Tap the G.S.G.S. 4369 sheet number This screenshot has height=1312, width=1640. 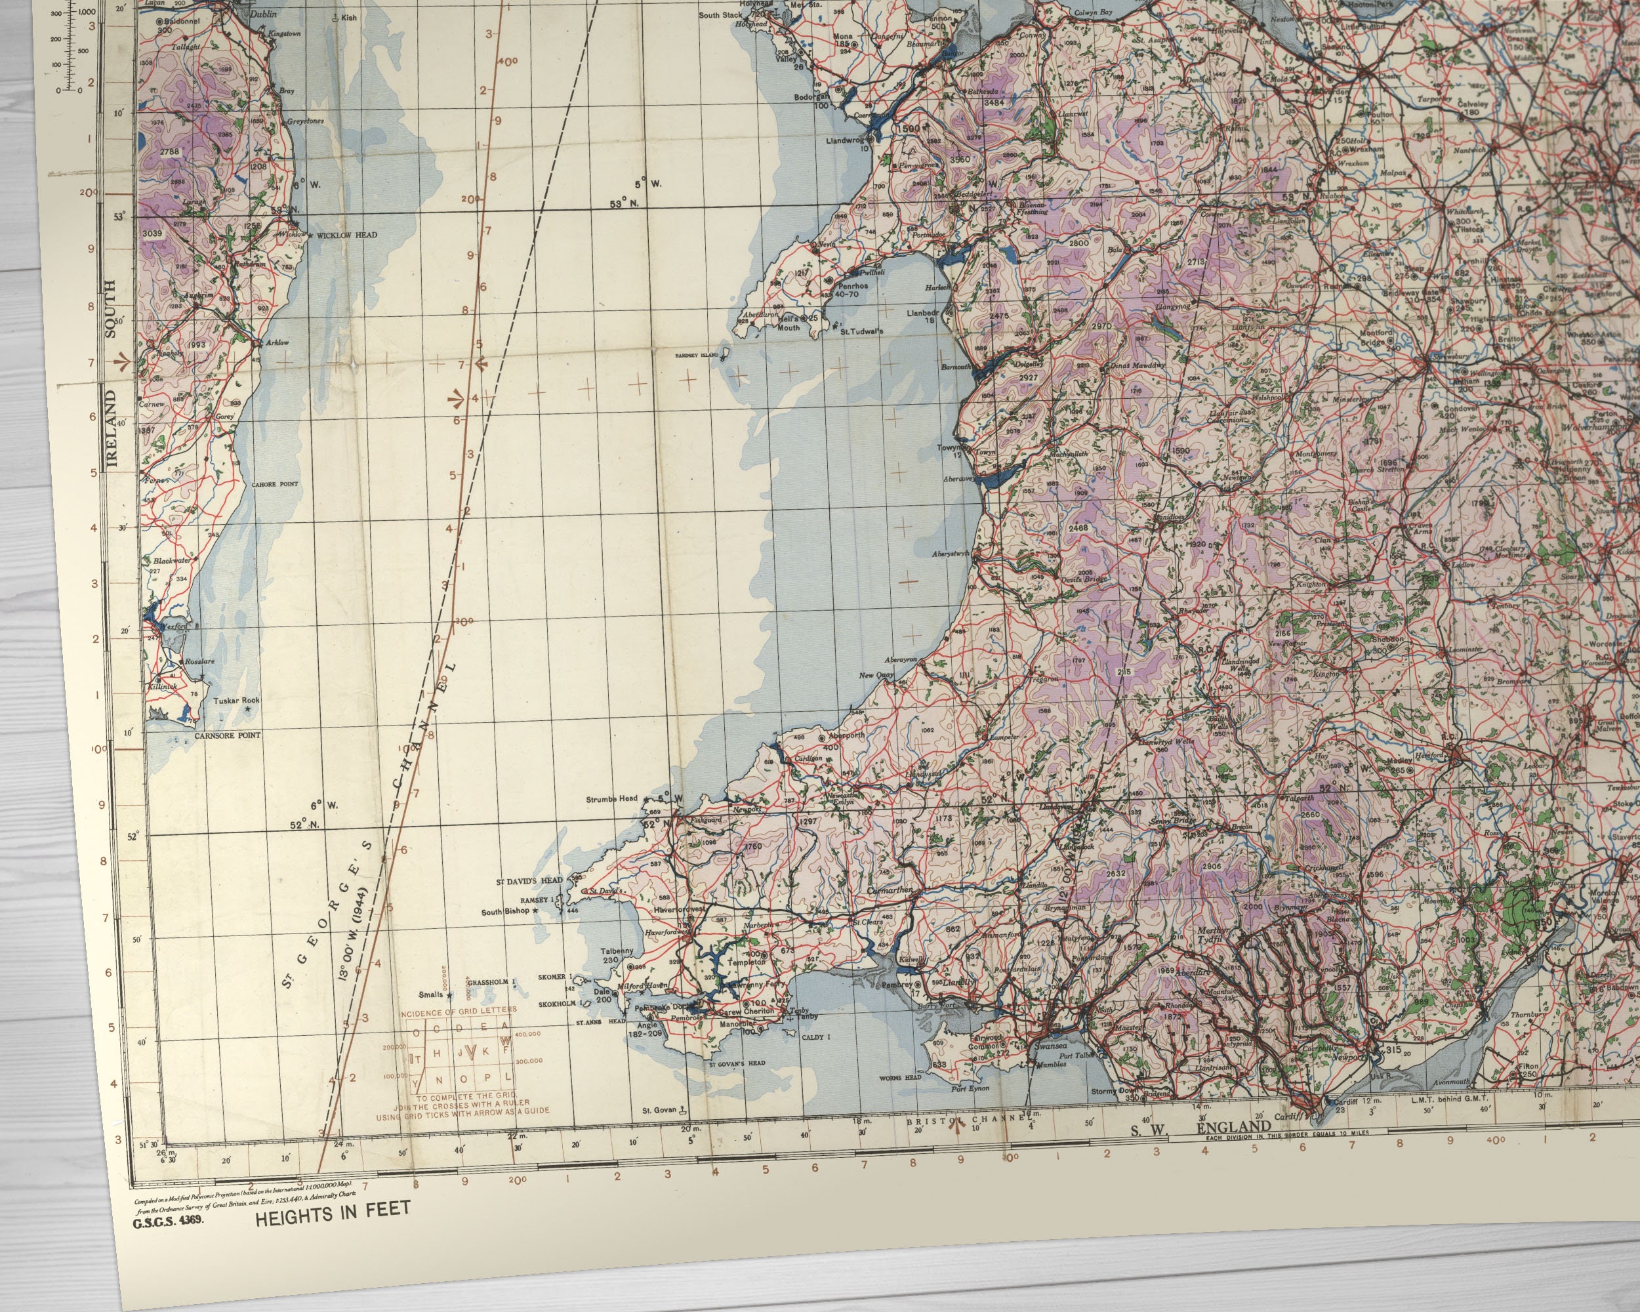pyautogui.click(x=167, y=1224)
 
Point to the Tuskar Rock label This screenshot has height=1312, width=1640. pyautogui.click(x=236, y=701)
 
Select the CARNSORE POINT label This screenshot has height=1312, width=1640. pyautogui.click(x=227, y=735)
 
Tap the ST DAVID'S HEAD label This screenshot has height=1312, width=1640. pyautogui.click(x=529, y=882)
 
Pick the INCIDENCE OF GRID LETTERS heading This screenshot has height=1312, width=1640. pyautogui.click(x=458, y=1010)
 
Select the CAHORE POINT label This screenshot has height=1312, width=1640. pyautogui.click(x=275, y=483)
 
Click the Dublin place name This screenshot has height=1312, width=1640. pyautogui.click(x=263, y=14)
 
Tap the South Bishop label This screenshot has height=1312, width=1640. pyautogui.click(x=506, y=912)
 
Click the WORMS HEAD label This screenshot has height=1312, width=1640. pyautogui.click(x=900, y=1078)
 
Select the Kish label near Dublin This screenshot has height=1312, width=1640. pyautogui.click(x=348, y=18)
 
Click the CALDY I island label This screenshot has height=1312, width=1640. pyautogui.click(x=816, y=1037)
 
